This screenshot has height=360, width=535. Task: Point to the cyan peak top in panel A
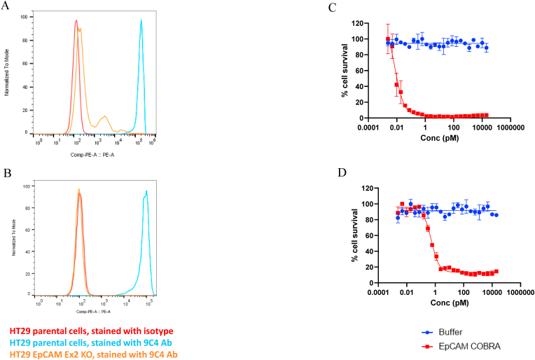tap(141, 20)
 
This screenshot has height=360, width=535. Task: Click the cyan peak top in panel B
tap(146, 191)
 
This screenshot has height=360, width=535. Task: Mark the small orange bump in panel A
tap(104, 117)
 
